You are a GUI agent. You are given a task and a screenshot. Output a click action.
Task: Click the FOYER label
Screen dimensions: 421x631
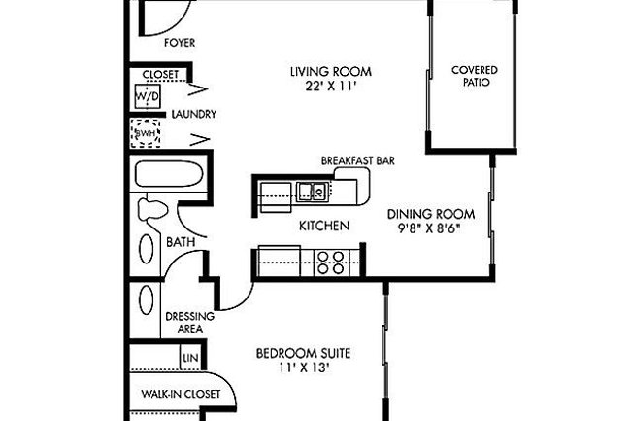(x=180, y=43)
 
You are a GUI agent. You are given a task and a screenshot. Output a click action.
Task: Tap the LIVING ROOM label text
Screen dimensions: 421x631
(x=331, y=72)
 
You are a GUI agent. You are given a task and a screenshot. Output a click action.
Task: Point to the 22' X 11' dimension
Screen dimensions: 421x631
(x=331, y=87)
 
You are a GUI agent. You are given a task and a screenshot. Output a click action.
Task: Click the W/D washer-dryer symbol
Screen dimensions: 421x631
(x=148, y=97)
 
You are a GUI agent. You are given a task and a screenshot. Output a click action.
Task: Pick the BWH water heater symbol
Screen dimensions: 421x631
(x=148, y=132)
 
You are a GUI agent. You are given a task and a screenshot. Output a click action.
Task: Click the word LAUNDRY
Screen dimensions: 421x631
(x=193, y=114)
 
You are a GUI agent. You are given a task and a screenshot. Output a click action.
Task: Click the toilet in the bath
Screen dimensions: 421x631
(x=152, y=209)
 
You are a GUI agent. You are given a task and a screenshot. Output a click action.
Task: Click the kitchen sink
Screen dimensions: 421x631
(x=312, y=191)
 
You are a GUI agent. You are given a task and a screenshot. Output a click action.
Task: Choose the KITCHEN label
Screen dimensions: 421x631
(x=323, y=226)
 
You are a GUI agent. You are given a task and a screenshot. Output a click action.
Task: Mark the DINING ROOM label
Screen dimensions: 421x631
(x=430, y=214)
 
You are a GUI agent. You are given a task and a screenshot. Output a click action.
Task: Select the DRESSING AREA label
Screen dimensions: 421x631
(x=183, y=323)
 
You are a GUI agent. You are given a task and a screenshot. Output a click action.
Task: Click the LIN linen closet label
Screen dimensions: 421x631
(x=190, y=359)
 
